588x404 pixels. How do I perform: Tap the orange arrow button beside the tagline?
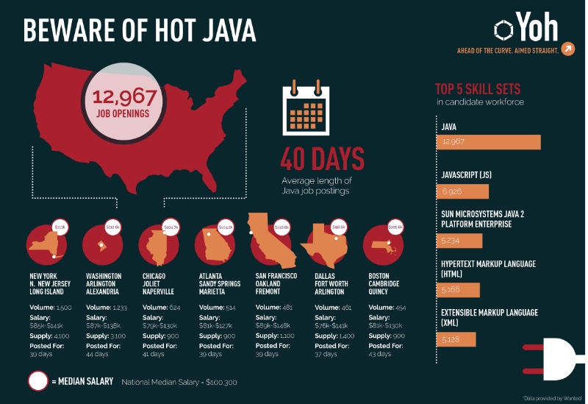[567, 49]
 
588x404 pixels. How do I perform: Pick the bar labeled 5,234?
[459, 241]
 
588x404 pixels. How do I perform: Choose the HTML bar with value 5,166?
[458, 290]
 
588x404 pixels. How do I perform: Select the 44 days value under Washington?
[97, 354]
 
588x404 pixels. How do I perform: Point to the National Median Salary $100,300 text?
[179, 382]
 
